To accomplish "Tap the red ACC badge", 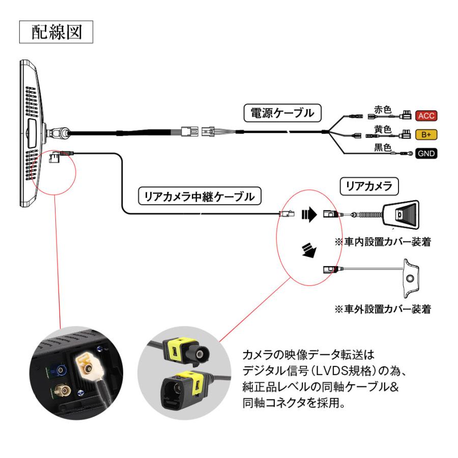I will pos(426,116).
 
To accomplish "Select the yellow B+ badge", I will pos(426,135).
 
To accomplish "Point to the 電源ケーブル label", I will pos(282,112).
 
